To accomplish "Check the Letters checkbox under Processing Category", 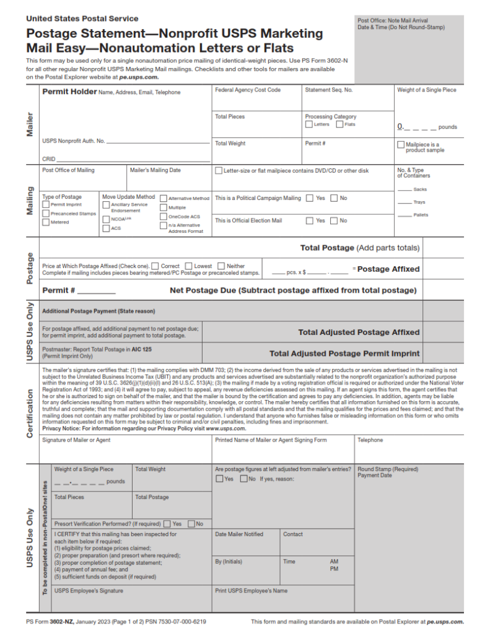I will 308,124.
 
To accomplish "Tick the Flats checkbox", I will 339,124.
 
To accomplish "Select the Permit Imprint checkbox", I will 46,204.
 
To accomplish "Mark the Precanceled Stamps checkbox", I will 46,214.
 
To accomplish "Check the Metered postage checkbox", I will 46,222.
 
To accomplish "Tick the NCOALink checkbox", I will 107,219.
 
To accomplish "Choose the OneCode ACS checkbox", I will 164,217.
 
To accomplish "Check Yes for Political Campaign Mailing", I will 310,198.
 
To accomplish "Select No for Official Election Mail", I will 334,220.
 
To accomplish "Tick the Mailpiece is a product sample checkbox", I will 401,145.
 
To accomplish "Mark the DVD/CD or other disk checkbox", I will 219,170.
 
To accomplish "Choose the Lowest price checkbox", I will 190,266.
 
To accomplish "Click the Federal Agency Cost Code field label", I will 248,90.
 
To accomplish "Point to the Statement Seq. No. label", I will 329,90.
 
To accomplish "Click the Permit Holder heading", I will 69,92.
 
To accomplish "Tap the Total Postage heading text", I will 327,248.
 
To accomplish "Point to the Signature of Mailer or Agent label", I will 77,440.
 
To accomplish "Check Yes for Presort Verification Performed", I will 167,524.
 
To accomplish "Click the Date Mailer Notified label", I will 239,534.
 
